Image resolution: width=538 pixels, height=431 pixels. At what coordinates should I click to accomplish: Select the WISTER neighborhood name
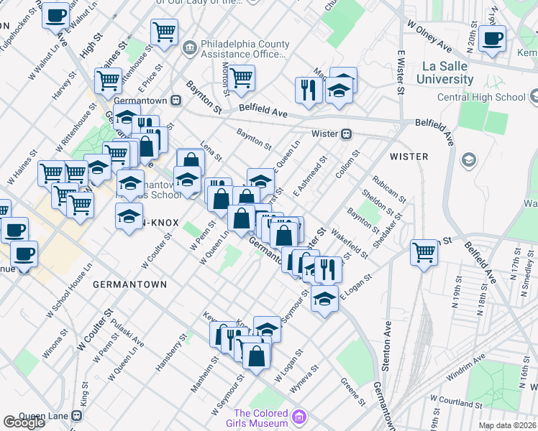tap(409, 156)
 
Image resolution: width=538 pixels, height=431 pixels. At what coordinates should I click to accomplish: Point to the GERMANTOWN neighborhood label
tap(129, 284)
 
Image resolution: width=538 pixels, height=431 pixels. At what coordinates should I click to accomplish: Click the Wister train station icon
tap(347, 134)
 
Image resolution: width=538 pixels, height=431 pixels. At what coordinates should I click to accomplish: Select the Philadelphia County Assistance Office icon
tap(189, 48)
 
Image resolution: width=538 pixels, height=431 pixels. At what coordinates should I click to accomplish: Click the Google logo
tap(24, 422)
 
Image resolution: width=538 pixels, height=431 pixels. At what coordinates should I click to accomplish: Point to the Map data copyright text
tap(508, 425)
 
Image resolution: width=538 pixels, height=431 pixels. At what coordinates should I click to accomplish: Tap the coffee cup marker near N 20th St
tap(492, 39)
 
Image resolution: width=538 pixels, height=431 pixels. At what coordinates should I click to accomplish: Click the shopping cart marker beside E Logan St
tap(424, 253)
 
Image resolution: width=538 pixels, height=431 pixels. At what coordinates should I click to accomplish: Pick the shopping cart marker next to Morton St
tap(241, 77)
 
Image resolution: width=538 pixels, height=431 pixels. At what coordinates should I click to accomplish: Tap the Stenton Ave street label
tap(387, 348)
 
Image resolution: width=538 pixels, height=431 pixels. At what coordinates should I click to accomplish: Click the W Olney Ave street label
tap(429, 36)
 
